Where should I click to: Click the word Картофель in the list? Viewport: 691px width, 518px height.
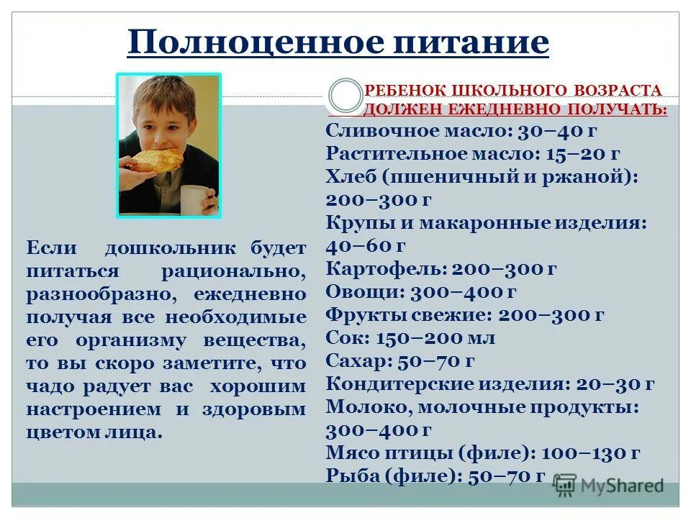click(385, 268)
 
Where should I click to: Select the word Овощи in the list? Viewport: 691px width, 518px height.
click(363, 291)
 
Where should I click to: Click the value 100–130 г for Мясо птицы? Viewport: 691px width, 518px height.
click(590, 453)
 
